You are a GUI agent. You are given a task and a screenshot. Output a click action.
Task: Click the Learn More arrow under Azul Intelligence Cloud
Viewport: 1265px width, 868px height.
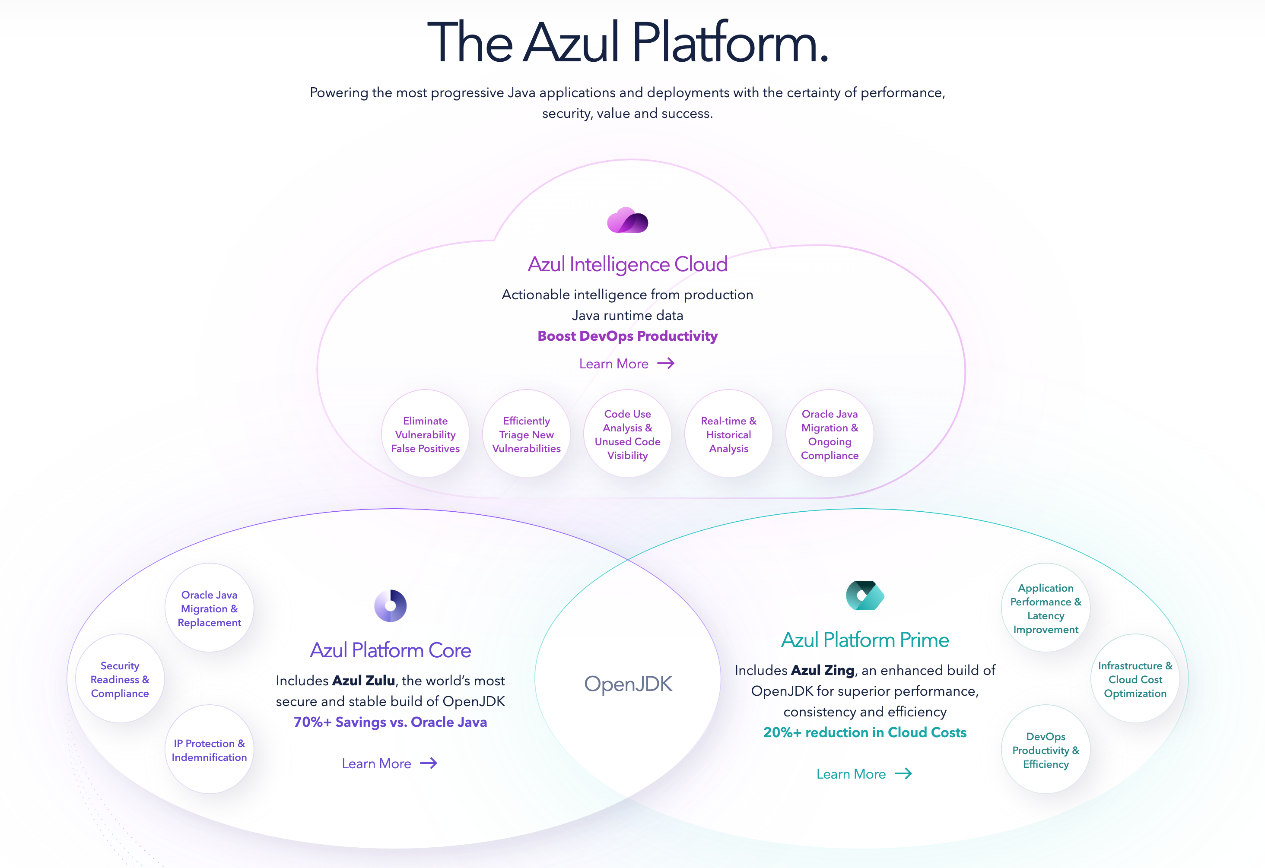coord(666,364)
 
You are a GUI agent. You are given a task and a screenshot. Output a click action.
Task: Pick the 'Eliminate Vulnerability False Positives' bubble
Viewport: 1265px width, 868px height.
coord(425,434)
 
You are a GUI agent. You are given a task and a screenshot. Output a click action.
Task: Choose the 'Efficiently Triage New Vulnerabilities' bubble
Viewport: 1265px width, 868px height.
coord(526,434)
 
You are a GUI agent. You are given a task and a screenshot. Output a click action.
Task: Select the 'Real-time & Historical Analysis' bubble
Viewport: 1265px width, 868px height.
coord(728,434)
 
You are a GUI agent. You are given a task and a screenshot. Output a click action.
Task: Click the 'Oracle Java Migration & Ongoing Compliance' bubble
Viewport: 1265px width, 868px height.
coord(830,434)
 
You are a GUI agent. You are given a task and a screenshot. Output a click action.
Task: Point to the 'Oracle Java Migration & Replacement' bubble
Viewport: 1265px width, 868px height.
coord(209,608)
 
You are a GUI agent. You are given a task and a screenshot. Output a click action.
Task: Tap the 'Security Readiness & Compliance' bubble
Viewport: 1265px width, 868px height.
coord(120,679)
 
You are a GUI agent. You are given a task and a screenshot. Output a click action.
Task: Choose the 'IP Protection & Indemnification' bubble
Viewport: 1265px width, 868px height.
coord(209,750)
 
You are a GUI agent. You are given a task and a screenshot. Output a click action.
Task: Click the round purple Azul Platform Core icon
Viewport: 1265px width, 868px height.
coord(390,606)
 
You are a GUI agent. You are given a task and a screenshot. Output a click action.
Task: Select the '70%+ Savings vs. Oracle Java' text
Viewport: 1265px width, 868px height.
coord(390,722)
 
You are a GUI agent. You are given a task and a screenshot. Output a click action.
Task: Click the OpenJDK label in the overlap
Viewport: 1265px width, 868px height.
coord(628,684)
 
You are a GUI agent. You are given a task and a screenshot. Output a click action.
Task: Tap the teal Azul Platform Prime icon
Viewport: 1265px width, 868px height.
coord(865,596)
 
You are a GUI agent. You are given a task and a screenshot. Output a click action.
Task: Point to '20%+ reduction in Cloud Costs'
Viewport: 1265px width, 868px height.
coord(865,732)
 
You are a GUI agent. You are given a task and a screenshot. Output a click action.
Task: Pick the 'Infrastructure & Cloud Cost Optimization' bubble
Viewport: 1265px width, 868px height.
coord(1135,679)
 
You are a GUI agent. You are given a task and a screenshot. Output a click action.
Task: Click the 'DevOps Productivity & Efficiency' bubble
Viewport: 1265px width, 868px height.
coord(1046,750)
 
